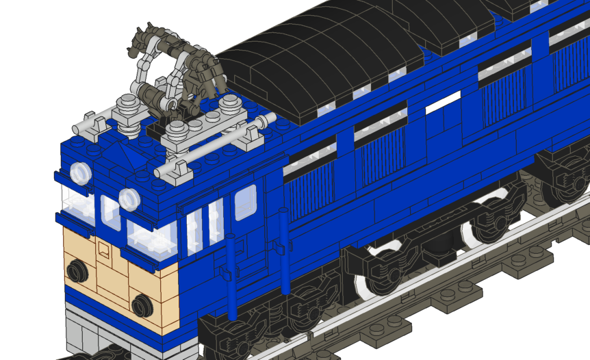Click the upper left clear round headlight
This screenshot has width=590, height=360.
tap(80, 173)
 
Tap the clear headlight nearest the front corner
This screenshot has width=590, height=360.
tap(129, 199)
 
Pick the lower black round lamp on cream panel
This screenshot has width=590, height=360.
tap(142, 305)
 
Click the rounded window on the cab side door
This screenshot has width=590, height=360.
tap(246, 203)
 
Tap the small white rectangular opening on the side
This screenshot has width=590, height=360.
tap(444, 103)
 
